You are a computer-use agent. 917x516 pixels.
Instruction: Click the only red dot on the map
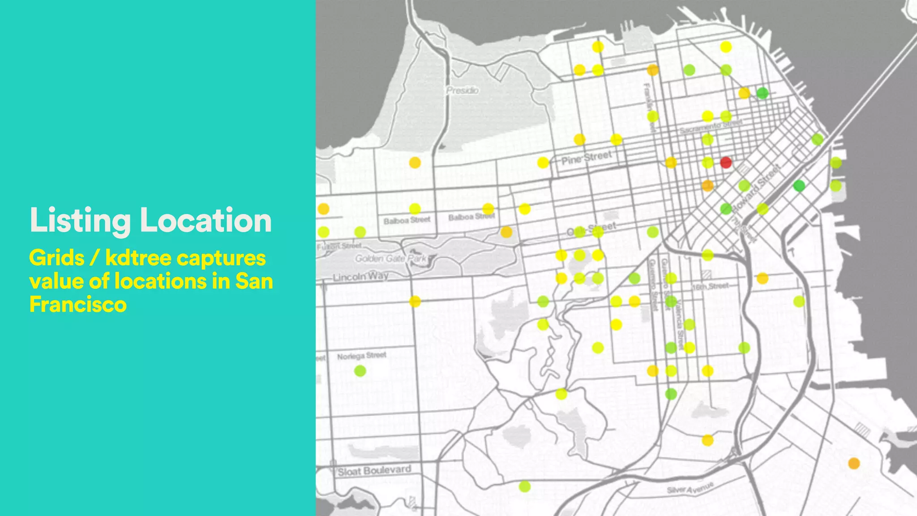click(726, 162)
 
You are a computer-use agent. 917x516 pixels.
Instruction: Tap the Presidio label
click(463, 90)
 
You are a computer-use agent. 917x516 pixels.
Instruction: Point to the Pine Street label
click(587, 158)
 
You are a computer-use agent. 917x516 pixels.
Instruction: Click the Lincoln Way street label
click(360, 276)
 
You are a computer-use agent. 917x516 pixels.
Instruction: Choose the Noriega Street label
click(361, 356)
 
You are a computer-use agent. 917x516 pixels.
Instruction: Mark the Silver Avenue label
click(689, 487)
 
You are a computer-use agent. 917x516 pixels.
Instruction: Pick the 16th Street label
click(711, 286)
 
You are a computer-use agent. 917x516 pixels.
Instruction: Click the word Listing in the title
click(80, 220)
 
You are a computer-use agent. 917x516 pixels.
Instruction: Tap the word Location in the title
click(206, 220)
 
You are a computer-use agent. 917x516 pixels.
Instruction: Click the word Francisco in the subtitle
click(78, 305)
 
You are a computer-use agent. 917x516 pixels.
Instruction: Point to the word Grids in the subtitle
click(56, 258)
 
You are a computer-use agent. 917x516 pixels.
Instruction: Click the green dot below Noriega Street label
click(360, 371)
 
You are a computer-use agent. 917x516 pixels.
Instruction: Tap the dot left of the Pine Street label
click(543, 163)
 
